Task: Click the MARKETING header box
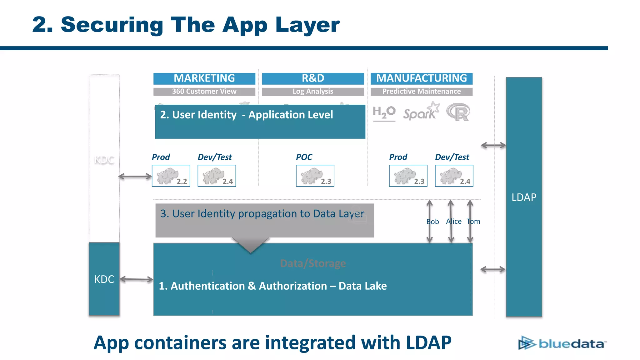pyautogui.click(x=204, y=78)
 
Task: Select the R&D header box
pyautogui.click(x=313, y=78)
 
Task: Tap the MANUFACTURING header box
pyautogui.click(x=421, y=78)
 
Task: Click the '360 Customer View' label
pyautogui.click(x=204, y=91)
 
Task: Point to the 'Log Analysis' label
pyautogui.click(x=313, y=91)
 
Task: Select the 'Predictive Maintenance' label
pyautogui.click(x=421, y=91)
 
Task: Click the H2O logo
pyautogui.click(x=384, y=113)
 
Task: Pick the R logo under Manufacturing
pyautogui.click(x=458, y=112)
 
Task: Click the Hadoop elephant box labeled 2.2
pyautogui.click(x=171, y=176)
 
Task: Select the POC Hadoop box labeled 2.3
pyautogui.click(x=315, y=176)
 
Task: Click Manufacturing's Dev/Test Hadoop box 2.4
pyautogui.click(x=454, y=176)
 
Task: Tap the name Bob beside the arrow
pyautogui.click(x=432, y=222)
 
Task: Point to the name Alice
pyautogui.click(x=454, y=221)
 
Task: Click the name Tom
pyautogui.click(x=473, y=221)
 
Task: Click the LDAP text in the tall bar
pyautogui.click(x=524, y=197)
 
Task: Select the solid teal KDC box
pyautogui.click(x=104, y=279)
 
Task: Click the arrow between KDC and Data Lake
pyautogui.click(x=136, y=279)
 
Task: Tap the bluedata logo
pyautogui.click(x=562, y=343)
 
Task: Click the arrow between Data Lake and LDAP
pyautogui.click(x=492, y=269)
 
